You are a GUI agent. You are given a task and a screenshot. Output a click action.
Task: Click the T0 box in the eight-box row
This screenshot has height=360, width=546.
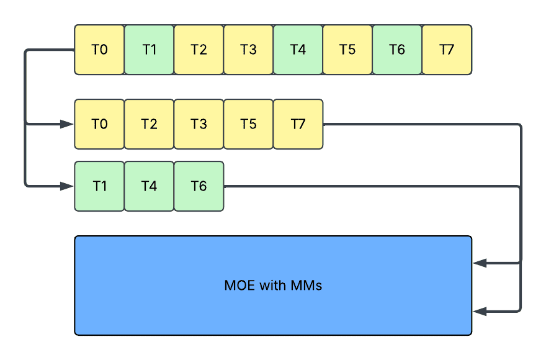[99, 50]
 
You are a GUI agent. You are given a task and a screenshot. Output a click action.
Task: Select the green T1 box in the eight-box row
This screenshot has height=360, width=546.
[149, 50]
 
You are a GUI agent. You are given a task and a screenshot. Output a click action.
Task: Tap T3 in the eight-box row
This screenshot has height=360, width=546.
[248, 50]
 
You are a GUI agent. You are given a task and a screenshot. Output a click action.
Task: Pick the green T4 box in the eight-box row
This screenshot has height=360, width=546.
[298, 50]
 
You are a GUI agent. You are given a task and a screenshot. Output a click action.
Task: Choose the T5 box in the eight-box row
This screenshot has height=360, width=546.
[347, 50]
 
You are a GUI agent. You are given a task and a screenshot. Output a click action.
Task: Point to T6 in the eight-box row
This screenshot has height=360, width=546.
[397, 50]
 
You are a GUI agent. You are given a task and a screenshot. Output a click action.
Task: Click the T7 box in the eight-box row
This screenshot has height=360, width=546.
[447, 50]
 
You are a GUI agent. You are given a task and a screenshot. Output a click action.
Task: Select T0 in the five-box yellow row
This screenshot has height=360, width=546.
[99, 124]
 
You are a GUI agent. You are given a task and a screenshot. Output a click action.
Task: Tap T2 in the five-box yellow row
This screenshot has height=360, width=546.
[149, 124]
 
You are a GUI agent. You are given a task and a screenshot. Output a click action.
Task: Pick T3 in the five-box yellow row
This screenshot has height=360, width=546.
[199, 124]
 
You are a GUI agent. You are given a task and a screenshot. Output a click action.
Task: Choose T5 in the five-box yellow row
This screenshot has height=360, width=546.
[248, 124]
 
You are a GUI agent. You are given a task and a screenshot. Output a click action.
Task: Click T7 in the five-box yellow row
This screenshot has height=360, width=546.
[298, 124]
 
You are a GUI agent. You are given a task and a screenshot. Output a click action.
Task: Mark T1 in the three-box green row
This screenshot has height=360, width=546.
[99, 186]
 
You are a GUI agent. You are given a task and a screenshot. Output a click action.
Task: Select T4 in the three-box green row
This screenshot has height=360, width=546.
[149, 186]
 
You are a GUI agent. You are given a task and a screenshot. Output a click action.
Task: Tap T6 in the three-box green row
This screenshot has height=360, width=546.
[199, 186]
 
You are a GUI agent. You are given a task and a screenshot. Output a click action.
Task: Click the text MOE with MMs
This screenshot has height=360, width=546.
[273, 286]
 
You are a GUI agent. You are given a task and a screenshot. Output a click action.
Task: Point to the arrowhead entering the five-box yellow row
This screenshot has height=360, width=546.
[67, 124]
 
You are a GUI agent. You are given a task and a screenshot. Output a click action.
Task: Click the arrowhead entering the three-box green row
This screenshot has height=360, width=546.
[67, 186]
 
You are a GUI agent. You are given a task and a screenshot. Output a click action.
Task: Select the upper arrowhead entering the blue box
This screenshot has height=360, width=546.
[480, 263]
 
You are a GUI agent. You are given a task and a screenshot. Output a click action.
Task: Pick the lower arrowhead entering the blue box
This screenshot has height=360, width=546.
[480, 311]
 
